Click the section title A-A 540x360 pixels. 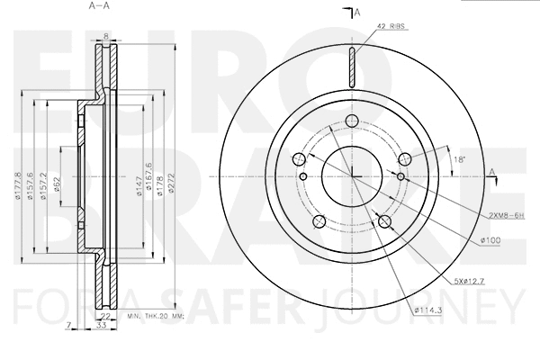(99, 6)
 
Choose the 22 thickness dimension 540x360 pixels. (105, 316)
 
